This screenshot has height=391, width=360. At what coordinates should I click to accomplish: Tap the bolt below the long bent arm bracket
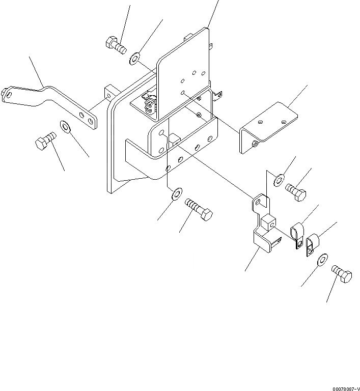pyautogui.click(x=44, y=141)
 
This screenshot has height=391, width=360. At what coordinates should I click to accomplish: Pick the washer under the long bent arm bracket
pyautogui.click(x=66, y=126)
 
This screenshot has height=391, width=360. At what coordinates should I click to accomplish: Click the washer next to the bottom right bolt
pyautogui.click(x=322, y=261)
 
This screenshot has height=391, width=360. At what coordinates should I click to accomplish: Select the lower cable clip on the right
pyautogui.click(x=312, y=242)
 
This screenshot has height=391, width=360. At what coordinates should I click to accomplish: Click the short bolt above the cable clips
pyautogui.click(x=296, y=191)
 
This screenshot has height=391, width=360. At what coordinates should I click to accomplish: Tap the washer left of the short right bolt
pyautogui.click(x=279, y=179)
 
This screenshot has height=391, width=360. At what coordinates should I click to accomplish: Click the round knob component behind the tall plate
pyautogui.click(x=150, y=105)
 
